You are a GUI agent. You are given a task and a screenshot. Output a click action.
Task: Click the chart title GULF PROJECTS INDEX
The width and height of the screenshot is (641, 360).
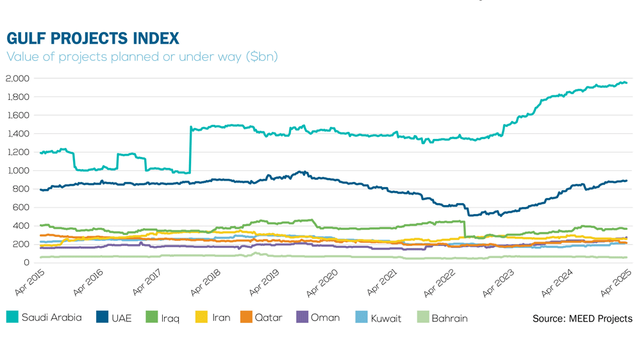click(93, 38)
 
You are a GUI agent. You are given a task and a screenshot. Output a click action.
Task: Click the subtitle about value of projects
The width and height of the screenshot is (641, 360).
click(142, 57)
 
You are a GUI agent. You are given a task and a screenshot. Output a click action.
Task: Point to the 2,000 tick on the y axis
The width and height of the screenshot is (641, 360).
click(18, 79)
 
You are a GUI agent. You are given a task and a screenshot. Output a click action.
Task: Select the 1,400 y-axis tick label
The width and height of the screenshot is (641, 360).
click(18, 134)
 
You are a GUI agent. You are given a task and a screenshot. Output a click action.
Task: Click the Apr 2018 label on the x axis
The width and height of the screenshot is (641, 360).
click(206, 282)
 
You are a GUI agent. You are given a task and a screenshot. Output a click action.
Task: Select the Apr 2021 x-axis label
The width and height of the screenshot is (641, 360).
click(383, 282)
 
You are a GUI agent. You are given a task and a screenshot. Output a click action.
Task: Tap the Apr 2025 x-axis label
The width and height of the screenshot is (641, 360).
click(617, 282)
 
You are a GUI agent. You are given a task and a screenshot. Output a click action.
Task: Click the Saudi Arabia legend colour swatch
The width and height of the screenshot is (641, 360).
click(12, 317)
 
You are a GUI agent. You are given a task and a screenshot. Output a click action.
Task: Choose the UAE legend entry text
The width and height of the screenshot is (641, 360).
click(122, 318)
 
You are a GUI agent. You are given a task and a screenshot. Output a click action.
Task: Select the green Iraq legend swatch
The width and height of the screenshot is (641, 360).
click(151, 317)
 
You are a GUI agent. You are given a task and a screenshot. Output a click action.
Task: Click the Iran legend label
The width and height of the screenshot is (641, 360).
click(221, 318)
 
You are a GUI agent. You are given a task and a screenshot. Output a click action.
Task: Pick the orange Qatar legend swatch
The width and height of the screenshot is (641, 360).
click(246, 317)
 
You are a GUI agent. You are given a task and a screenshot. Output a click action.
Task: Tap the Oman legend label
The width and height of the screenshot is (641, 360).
click(325, 318)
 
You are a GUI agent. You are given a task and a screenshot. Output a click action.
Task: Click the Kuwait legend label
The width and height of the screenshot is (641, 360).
click(386, 318)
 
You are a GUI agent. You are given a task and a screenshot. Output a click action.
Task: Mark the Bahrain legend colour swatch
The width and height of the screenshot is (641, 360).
click(422, 317)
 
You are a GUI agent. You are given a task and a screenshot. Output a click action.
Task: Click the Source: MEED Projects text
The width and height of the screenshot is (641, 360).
click(582, 318)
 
